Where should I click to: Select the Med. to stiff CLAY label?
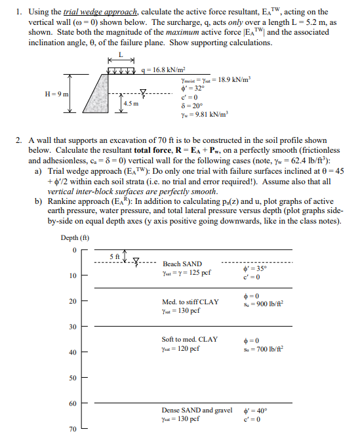point(190,301)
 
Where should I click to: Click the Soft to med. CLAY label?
point(190,339)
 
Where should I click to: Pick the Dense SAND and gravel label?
point(197,410)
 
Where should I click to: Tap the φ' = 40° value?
point(254,410)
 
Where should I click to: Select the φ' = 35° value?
point(254,268)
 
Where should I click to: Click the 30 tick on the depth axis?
point(73,327)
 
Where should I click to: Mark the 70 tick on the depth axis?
point(73,430)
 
